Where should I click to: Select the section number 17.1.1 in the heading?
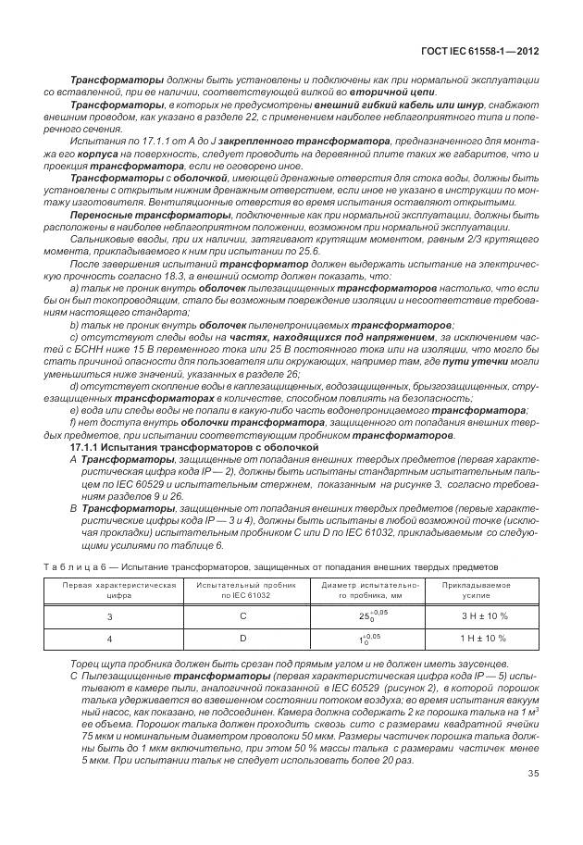point(87,446)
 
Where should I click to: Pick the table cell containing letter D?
point(242,638)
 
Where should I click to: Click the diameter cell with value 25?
point(362,615)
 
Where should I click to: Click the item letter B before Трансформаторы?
point(73,510)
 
